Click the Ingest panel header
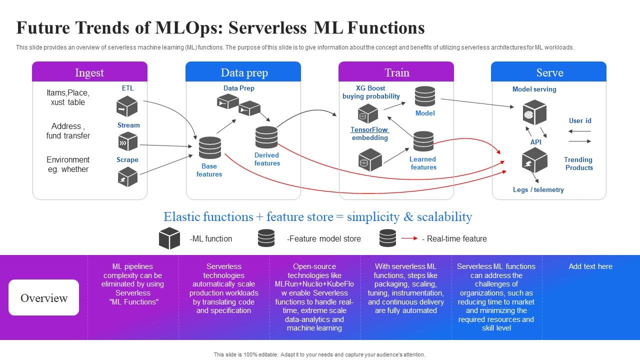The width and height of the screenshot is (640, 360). (89, 72)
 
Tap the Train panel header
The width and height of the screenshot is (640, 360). (396, 72)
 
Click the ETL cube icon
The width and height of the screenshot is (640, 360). (127, 106)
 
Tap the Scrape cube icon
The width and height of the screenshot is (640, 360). (127, 176)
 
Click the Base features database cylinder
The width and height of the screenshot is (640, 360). (209, 148)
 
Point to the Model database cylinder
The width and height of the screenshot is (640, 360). (424, 96)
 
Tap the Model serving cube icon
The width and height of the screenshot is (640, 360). (534, 113)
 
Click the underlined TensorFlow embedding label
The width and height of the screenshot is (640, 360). (369, 133)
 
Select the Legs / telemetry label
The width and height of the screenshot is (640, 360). (538, 190)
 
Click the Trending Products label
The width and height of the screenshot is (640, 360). (578, 163)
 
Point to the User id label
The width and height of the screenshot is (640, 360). (580, 120)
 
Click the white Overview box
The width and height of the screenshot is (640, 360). (43, 297)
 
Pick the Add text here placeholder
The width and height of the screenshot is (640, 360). (590, 266)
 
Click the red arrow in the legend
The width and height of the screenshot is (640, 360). (409, 238)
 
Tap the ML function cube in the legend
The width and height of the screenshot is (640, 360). (169, 238)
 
